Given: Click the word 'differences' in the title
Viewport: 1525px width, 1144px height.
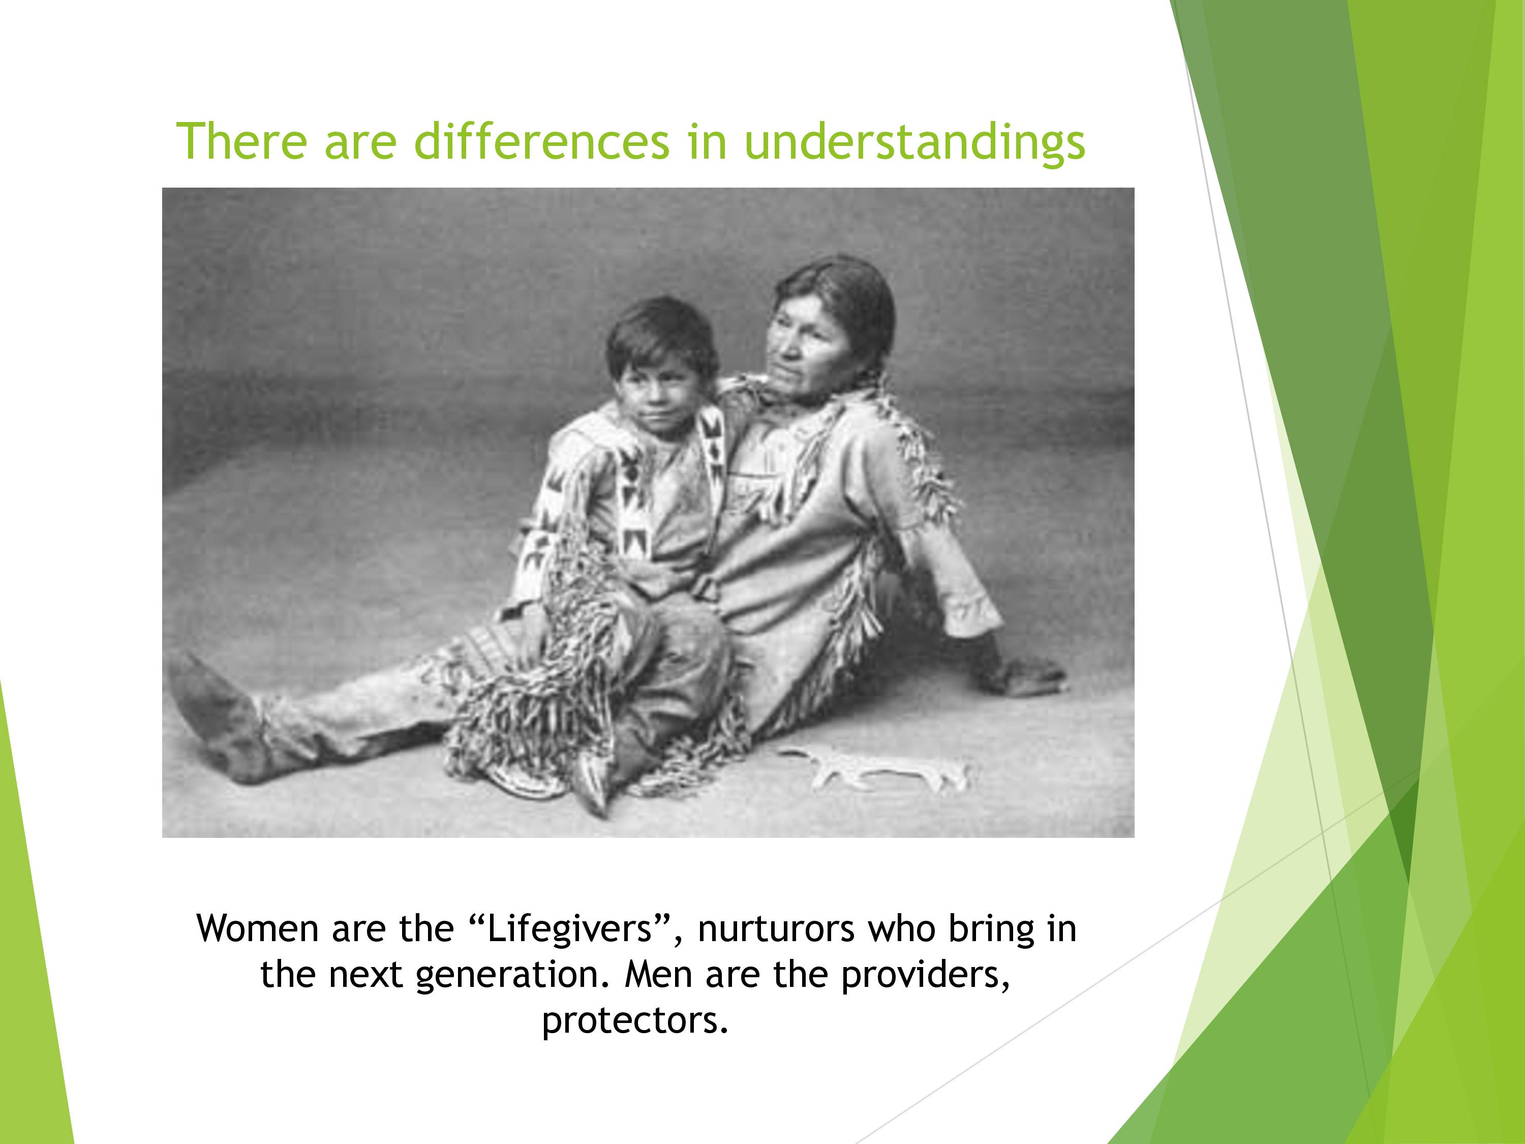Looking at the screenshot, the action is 541,141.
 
